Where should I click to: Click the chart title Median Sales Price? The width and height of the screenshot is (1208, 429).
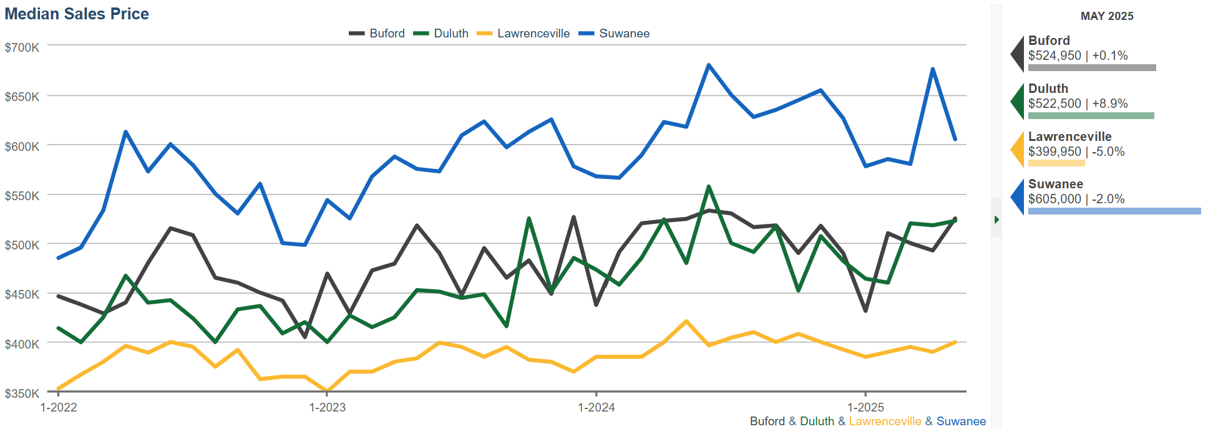77,14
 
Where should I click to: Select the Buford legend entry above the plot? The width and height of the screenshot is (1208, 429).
377,34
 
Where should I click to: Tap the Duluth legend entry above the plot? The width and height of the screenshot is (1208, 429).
441,34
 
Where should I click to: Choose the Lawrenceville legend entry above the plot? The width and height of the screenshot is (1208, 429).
524,34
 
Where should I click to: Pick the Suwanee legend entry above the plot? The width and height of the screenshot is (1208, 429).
615,34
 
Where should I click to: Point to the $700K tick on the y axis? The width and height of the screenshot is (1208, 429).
22,47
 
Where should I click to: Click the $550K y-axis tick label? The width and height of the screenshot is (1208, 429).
22,196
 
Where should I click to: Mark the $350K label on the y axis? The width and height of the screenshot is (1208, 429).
22,393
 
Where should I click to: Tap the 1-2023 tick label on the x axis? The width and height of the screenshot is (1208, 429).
327,408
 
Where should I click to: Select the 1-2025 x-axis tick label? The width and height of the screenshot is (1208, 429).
865,408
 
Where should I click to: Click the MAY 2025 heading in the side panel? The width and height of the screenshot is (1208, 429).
1107,16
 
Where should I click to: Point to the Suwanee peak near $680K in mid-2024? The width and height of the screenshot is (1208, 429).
709,65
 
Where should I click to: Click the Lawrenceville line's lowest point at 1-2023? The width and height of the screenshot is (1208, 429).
327,391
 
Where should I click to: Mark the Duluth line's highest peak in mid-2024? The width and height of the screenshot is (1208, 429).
709,186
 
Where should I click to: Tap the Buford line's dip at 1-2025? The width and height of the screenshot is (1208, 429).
865,311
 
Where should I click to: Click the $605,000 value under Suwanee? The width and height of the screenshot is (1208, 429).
1055,199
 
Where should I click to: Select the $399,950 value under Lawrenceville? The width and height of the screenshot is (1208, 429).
1055,152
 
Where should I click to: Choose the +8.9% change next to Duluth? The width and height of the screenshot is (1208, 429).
1110,104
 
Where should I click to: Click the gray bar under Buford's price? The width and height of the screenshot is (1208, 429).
1092,67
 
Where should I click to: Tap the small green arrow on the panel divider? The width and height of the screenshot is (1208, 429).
996,219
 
